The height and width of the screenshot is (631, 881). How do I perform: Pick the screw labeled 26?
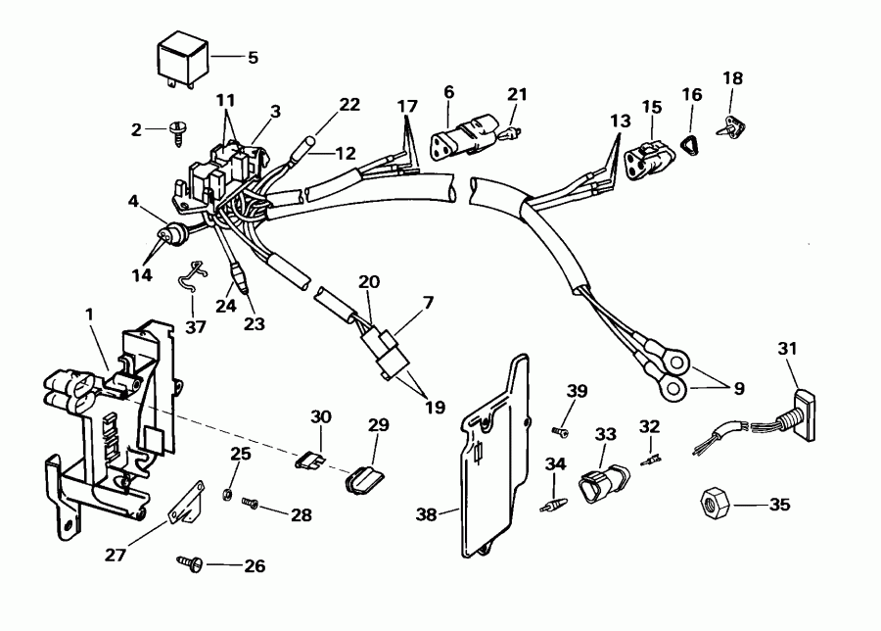pyautogui.click(x=189, y=563)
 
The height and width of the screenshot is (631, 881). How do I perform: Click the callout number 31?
pyautogui.click(x=788, y=349)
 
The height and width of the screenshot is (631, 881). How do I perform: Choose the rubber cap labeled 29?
pyautogui.click(x=363, y=478)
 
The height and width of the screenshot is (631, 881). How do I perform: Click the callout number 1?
pyautogui.click(x=90, y=315)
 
